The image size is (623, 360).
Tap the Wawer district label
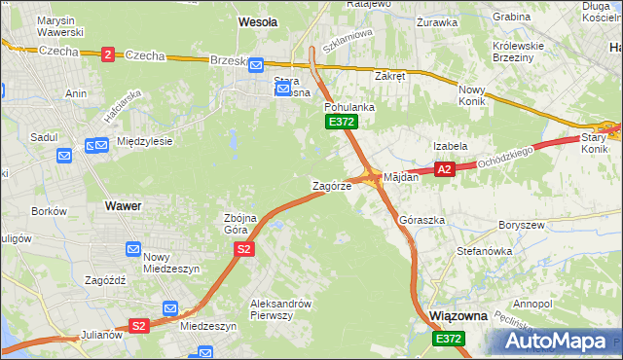tap(123, 206)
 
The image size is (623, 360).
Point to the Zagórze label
tap(331, 185)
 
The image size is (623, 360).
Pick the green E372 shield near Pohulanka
tap(342, 122)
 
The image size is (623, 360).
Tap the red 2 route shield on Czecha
tap(106, 54)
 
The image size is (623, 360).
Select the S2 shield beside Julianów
tap(139, 326)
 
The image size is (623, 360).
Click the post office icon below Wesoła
tap(255, 65)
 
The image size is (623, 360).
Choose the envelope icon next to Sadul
tap(64, 155)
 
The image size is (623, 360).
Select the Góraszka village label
tap(421, 220)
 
